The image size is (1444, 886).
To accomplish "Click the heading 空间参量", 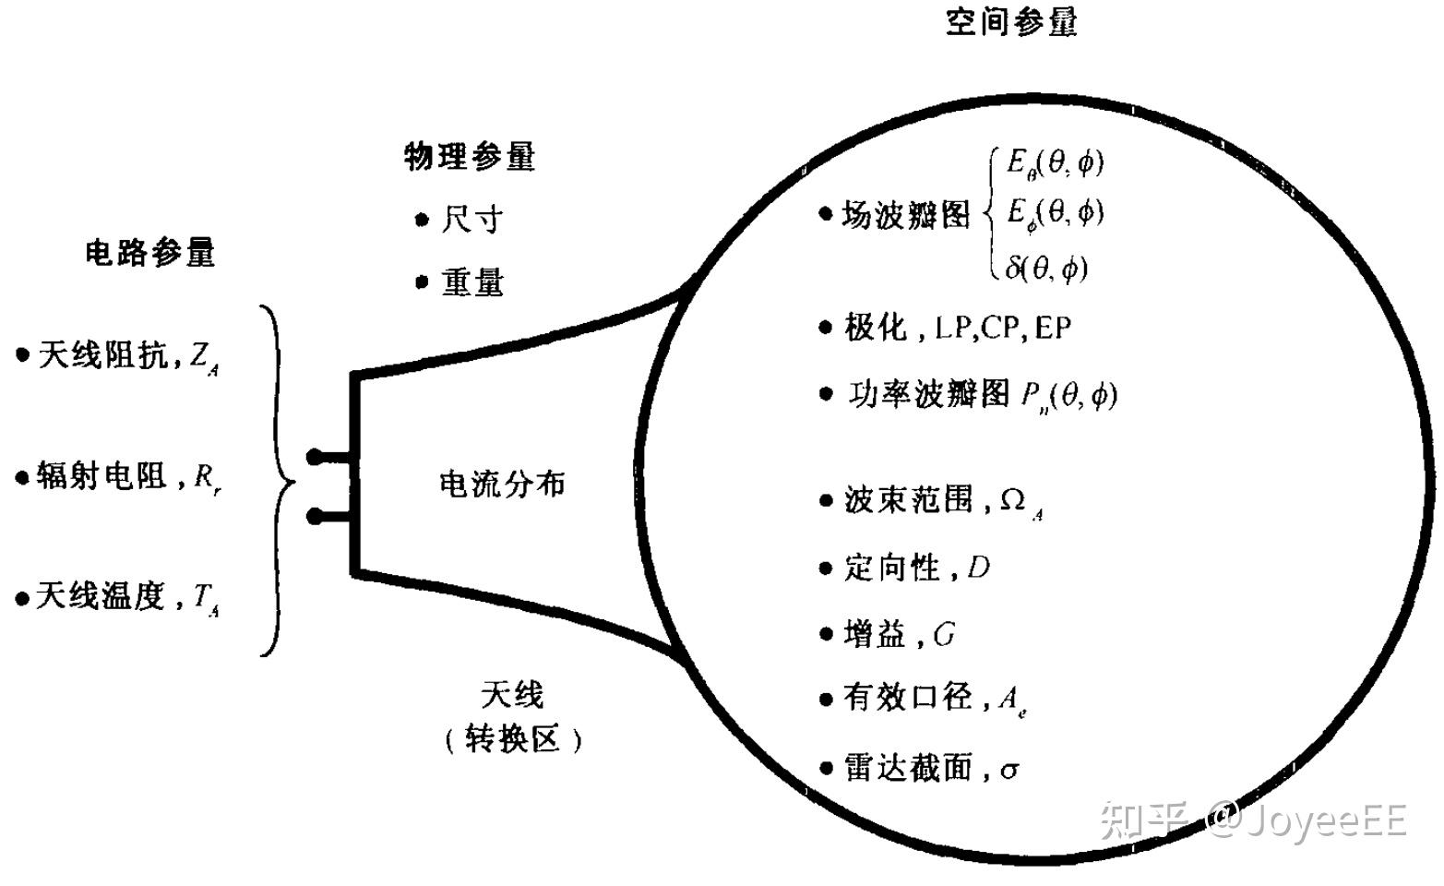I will click(1011, 22).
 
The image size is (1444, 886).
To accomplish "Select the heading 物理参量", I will click(470, 157).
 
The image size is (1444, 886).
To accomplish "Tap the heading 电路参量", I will click(150, 253).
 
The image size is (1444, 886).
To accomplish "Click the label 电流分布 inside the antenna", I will click(502, 484).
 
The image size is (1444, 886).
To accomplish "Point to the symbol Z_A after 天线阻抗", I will click(204, 358).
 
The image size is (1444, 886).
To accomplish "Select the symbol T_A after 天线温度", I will click(206, 599).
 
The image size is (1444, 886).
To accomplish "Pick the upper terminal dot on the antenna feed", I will click(315, 456).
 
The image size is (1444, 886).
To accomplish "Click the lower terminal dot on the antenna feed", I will click(315, 516).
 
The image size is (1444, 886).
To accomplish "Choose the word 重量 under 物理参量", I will click(472, 281).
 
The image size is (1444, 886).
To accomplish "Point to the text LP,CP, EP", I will click(1002, 328).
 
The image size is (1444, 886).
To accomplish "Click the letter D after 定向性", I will click(978, 568).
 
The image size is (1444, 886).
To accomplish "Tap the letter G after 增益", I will click(944, 635).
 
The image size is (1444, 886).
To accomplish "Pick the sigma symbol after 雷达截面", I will click(1009, 770).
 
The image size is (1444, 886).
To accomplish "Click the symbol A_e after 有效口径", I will click(1012, 700).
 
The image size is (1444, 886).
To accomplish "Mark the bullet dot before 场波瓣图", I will click(825, 214).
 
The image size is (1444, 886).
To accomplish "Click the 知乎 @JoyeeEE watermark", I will click(1255, 820).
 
